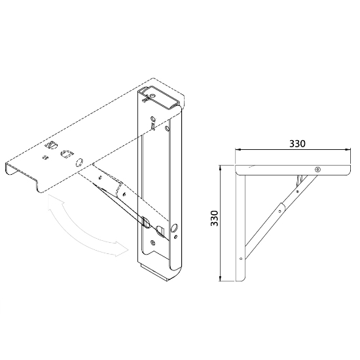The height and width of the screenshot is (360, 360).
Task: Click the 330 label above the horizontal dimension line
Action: click(297, 143)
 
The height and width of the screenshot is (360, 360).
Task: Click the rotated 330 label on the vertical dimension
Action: click(215, 218)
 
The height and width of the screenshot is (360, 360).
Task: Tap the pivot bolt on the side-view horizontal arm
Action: click(317, 170)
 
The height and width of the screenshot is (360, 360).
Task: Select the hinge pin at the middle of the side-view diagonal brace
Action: click(280, 211)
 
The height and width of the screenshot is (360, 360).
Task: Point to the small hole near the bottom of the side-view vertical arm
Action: click(241, 259)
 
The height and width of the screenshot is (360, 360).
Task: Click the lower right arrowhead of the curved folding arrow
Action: click(121, 249)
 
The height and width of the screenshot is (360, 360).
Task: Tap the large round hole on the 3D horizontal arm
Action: click(79, 163)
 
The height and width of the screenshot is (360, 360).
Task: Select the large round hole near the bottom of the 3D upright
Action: click(174, 228)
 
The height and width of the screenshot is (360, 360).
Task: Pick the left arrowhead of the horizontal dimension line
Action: click(238, 150)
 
